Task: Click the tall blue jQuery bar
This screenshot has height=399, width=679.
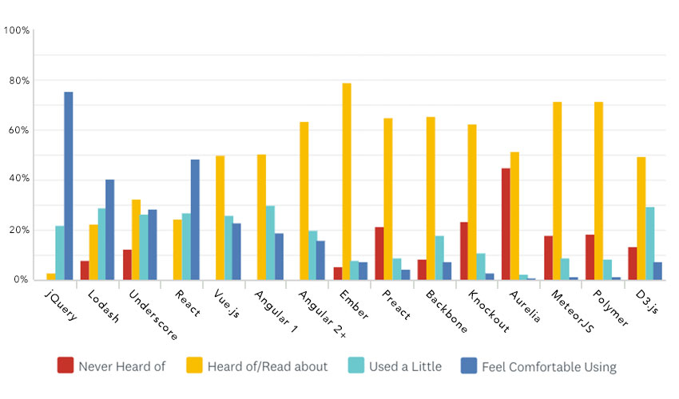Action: pos(69,186)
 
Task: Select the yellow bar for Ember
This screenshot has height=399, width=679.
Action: pos(347,181)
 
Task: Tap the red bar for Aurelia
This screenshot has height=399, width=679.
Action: pos(506,224)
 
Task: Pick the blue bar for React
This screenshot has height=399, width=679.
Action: pos(195,219)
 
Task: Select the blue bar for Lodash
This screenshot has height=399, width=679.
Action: pos(110,230)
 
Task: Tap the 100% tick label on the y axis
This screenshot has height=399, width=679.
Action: pos(17,30)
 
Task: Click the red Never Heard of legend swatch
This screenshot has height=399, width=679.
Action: pos(66,365)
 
